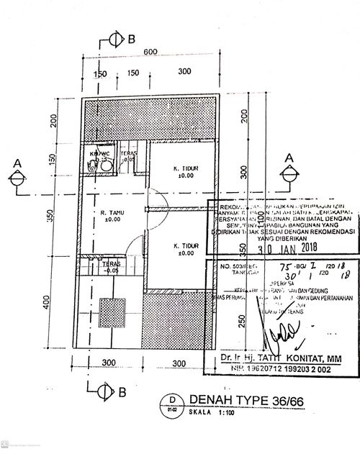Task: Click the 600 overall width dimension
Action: (x=150, y=51)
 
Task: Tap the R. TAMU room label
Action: (x=112, y=215)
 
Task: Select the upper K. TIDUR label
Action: (x=186, y=172)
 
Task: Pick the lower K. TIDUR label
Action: (x=186, y=249)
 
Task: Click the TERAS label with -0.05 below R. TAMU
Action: (x=111, y=268)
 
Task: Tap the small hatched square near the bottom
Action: (x=112, y=314)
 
